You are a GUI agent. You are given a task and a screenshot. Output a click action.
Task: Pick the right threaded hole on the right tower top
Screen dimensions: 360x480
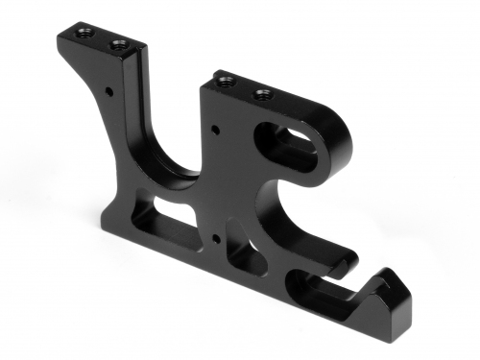(x=259, y=93)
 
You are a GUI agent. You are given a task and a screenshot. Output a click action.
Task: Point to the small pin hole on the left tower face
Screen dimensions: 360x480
(x=109, y=93)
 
